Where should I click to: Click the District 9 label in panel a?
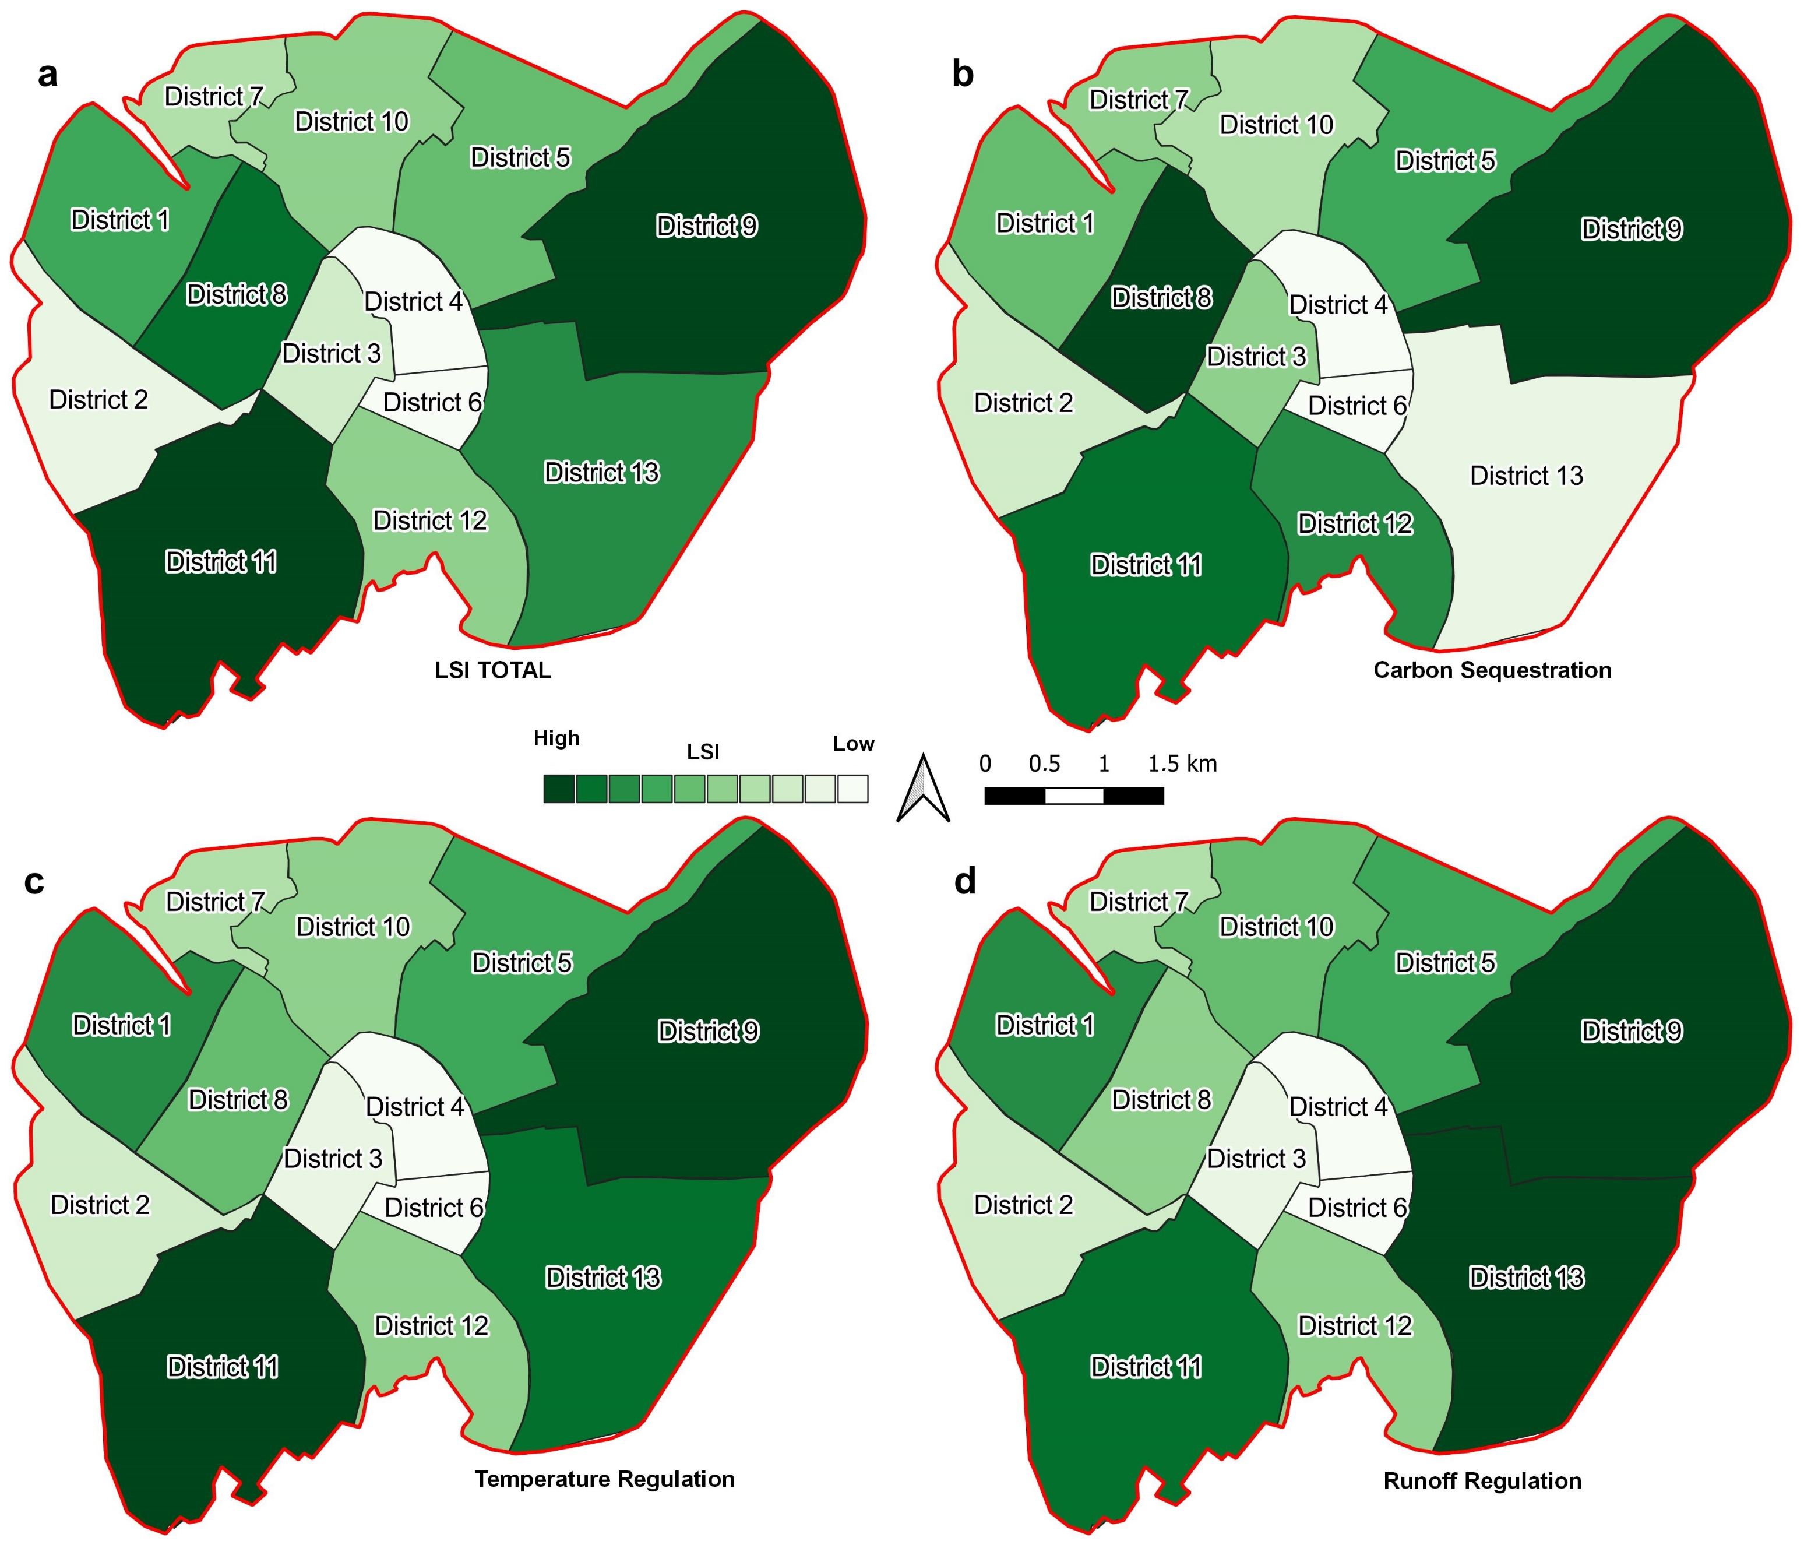706,226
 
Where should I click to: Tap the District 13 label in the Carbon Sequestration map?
1526,476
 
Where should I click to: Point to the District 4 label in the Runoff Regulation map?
1338,1107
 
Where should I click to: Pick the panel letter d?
965,882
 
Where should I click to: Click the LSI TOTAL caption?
493,670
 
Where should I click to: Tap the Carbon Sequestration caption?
1492,670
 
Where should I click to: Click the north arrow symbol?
923,789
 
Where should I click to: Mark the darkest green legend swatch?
559,789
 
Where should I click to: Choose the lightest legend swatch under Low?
852,789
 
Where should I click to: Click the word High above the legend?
556,739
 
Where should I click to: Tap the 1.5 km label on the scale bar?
1182,765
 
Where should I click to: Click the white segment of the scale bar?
1073,796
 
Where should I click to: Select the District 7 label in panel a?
213,97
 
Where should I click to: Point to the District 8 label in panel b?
1161,298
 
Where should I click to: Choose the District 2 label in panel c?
100,1205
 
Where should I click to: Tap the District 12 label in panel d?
1355,1325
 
